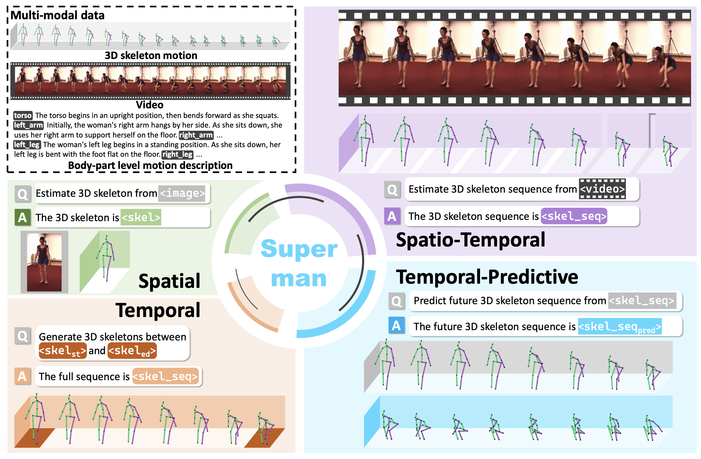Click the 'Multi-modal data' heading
click(x=58, y=15)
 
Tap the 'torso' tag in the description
click(x=23, y=115)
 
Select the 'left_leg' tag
click(x=27, y=145)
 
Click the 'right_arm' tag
click(x=196, y=135)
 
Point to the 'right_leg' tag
click(x=177, y=154)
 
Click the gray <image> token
click(x=182, y=193)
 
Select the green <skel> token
click(x=141, y=217)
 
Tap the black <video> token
click(x=602, y=189)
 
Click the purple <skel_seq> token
click(x=574, y=216)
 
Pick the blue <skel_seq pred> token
click(x=620, y=327)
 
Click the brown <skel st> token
click(x=63, y=351)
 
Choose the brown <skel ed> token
click(x=132, y=351)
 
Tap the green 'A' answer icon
click(x=22, y=217)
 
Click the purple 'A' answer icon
click(x=392, y=216)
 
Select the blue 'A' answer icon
click(x=396, y=326)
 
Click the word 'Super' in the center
click(x=299, y=249)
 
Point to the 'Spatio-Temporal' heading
click(x=470, y=240)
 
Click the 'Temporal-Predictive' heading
click(x=487, y=277)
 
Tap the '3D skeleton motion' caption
click(x=151, y=55)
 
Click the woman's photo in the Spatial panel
click(x=44, y=262)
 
